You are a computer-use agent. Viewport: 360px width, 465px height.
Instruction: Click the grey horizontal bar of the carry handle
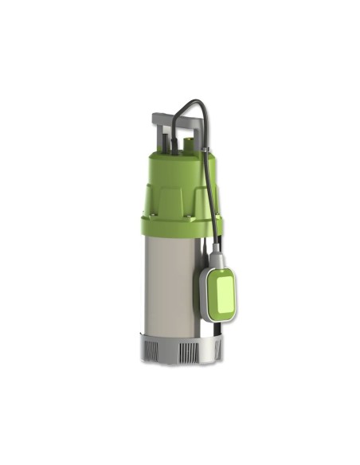[172, 119]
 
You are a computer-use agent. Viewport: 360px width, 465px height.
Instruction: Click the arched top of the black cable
[190, 103]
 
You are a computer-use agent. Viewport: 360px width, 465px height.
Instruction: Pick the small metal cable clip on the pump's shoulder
[205, 151]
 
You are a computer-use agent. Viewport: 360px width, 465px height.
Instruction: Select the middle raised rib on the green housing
[175, 199]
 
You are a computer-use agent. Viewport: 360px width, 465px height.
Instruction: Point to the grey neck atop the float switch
[217, 256]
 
